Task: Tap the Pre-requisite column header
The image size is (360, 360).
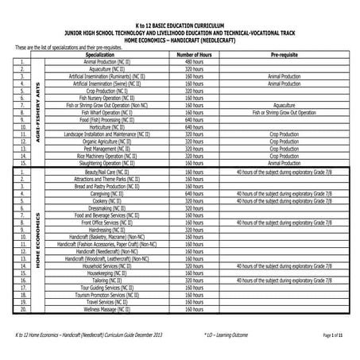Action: point(284,54)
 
